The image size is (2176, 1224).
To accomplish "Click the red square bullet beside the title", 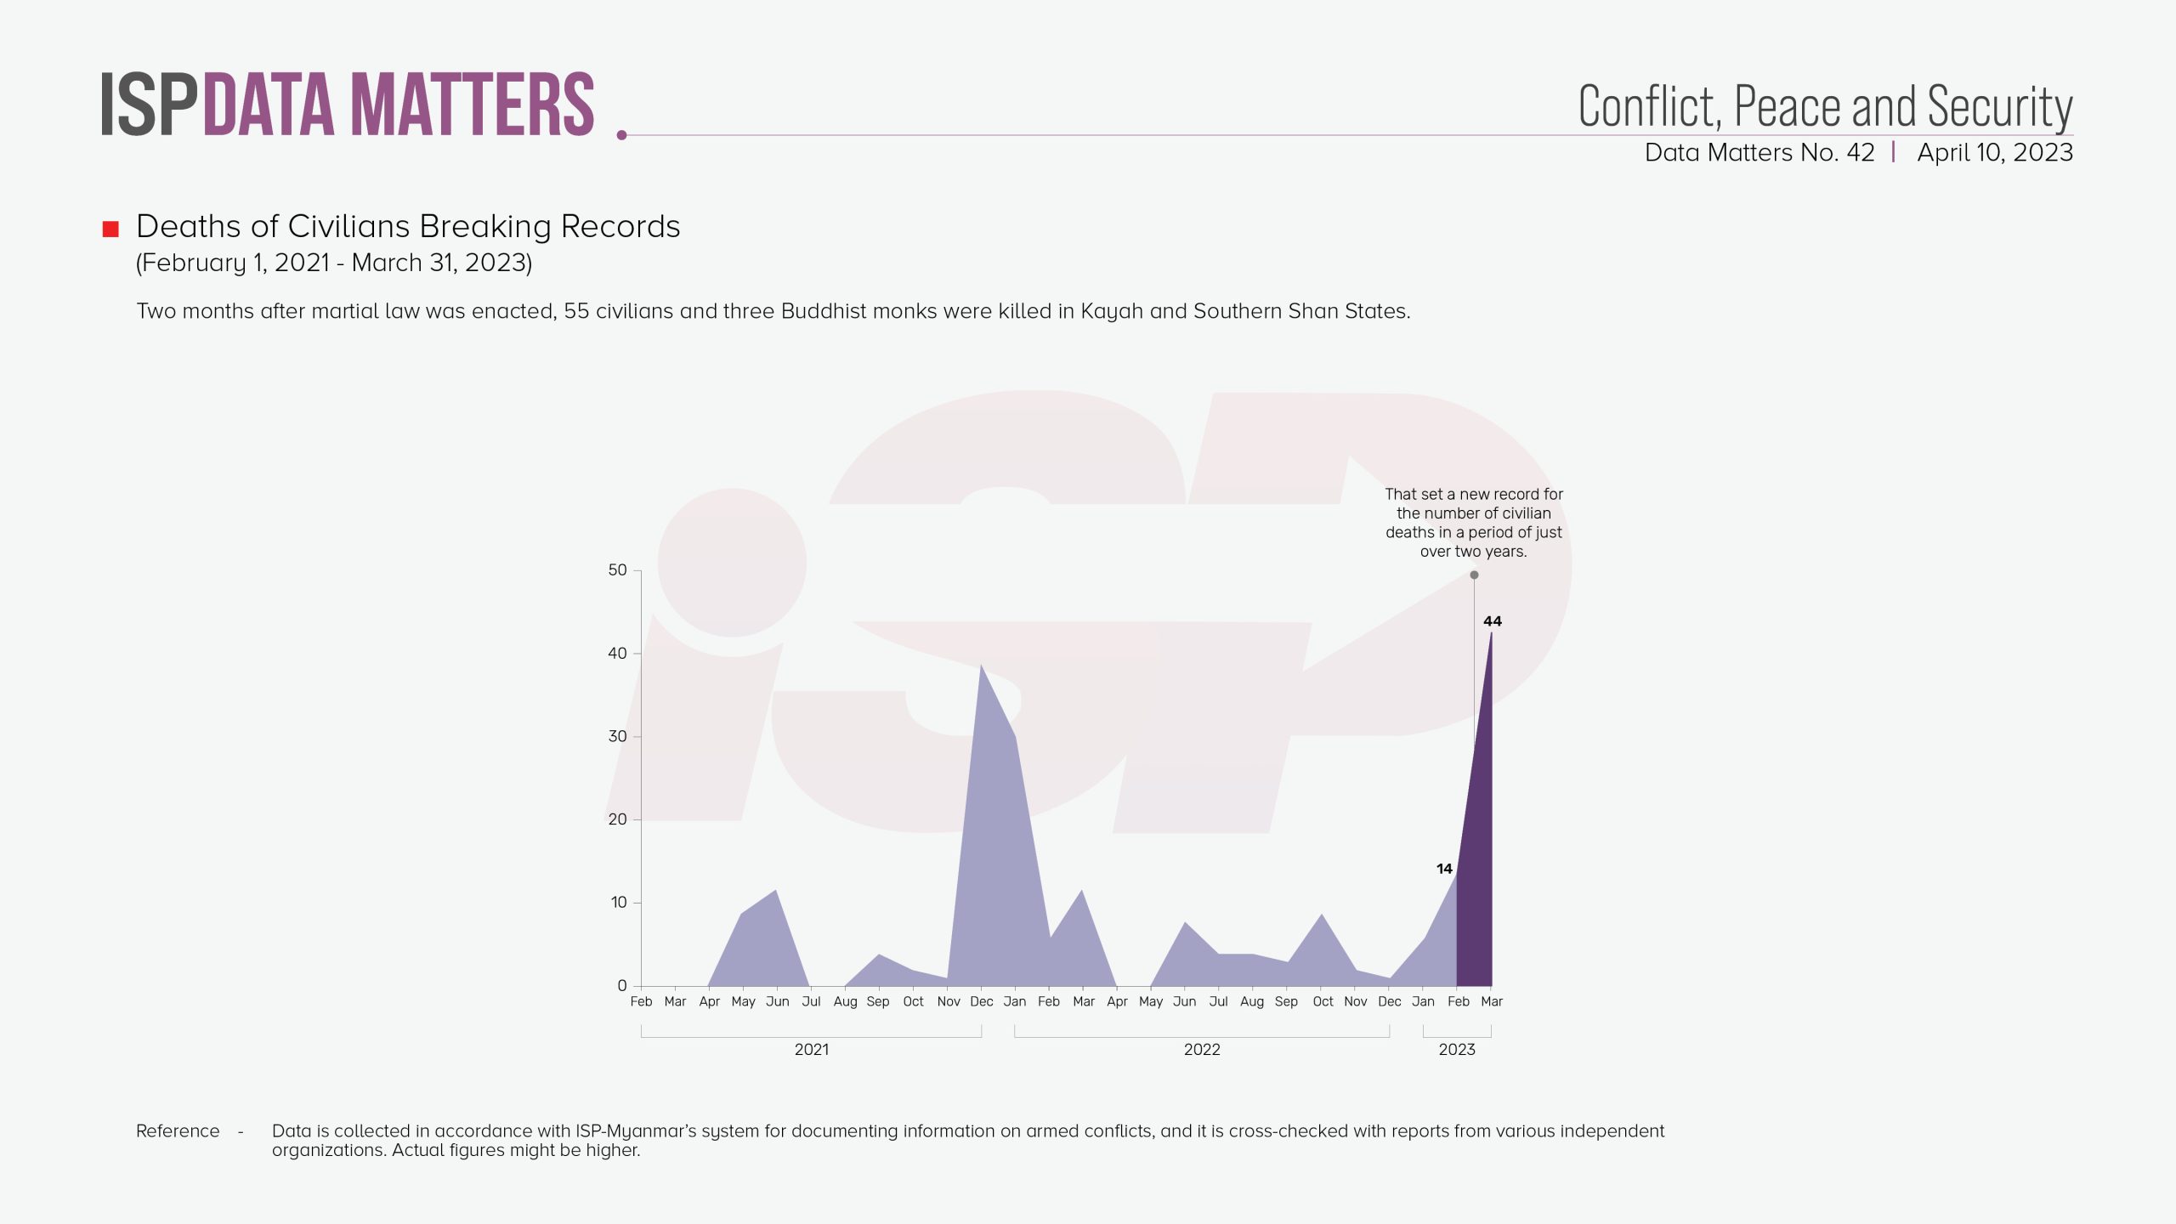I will click(110, 229).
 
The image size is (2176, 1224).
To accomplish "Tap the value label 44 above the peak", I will click(1492, 621).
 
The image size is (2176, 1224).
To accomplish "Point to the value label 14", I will click(1444, 869).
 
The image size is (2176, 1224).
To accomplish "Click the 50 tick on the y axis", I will click(618, 570).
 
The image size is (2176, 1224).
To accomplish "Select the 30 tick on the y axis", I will click(618, 736).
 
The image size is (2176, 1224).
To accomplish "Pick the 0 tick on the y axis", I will click(622, 986).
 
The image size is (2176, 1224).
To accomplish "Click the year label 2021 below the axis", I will click(811, 1050).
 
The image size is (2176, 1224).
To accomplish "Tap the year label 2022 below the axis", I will click(1202, 1050).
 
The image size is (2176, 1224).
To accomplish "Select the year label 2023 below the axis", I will click(1457, 1050).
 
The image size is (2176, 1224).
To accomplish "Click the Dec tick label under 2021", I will click(981, 1001).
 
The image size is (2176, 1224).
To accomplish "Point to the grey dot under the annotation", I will click(1474, 575).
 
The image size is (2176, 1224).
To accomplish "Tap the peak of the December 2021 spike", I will click(981, 667).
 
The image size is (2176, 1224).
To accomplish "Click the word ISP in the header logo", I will click(149, 105).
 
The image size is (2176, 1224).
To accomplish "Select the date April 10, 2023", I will click(1995, 153).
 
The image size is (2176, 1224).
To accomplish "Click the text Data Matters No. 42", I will click(1759, 153).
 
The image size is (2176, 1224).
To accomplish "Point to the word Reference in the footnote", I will click(178, 1131).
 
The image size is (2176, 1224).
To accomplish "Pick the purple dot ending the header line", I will click(621, 135).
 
